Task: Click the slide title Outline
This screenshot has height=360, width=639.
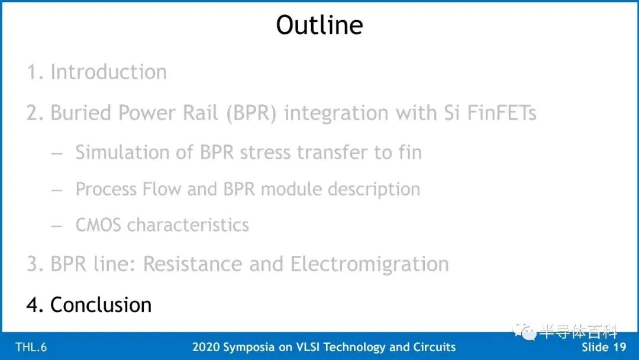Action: coord(319,25)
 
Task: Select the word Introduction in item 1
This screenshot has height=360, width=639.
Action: coord(108,72)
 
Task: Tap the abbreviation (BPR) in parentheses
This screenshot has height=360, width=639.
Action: coord(251,113)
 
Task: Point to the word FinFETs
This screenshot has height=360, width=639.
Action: coord(502,112)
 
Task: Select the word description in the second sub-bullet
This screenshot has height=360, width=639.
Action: coord(374,189)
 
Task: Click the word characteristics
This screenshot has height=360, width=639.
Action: coord(188,225)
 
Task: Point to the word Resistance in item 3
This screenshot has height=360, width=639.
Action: coord(193,263)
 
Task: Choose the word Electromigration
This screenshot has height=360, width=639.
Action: coord(370,263)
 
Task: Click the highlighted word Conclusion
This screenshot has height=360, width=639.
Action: coord(101,304)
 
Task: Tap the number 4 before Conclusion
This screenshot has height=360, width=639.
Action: coord(33,305)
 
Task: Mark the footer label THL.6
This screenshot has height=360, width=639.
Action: coord(31,347)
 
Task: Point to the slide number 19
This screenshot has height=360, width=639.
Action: coord(619,347)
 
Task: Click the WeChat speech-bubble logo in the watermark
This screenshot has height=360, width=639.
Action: coord(524,331)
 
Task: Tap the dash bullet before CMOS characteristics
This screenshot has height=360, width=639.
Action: coord(57,226)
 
